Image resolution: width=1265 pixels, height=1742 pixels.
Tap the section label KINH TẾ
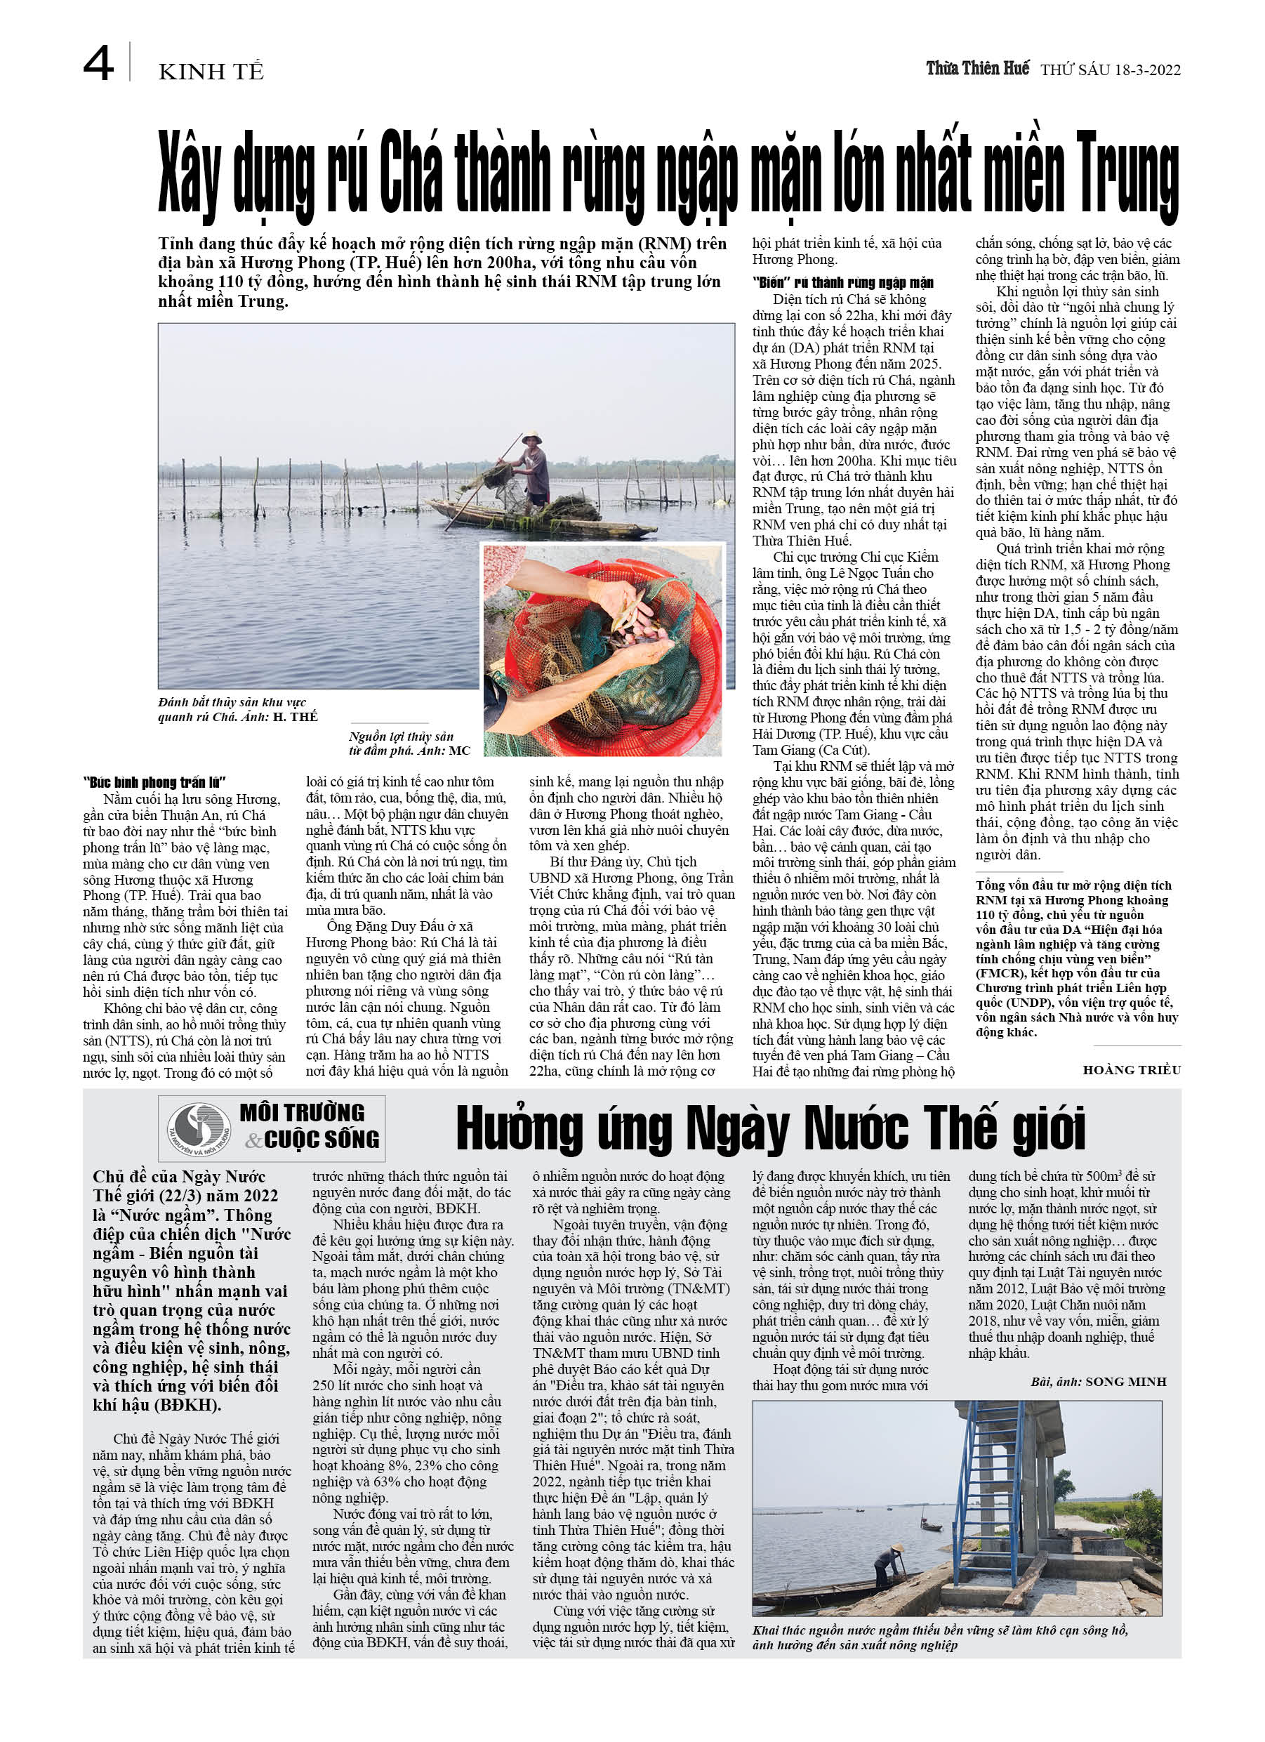click(x=211, y=72)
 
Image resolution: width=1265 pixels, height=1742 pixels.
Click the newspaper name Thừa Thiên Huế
click(x=977, y=68)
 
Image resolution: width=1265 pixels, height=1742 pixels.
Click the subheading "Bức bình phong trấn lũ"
click(x=154, y=783)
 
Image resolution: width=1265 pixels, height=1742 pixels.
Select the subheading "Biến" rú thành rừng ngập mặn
click(x=842, y=283)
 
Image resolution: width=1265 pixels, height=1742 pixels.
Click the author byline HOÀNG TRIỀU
click(x=1132, y=1070)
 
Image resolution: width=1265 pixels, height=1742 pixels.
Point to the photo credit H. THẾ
click(x=295, y=717)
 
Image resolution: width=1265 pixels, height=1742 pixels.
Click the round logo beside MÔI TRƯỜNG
click(x=199, y=1128)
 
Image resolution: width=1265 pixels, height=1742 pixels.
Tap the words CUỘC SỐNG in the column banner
click(x=321, y=1140)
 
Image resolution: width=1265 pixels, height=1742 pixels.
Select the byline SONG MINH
click(x=1125, y=1382)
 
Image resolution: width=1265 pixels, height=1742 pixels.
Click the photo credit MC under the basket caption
click(x=459, y=751)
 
